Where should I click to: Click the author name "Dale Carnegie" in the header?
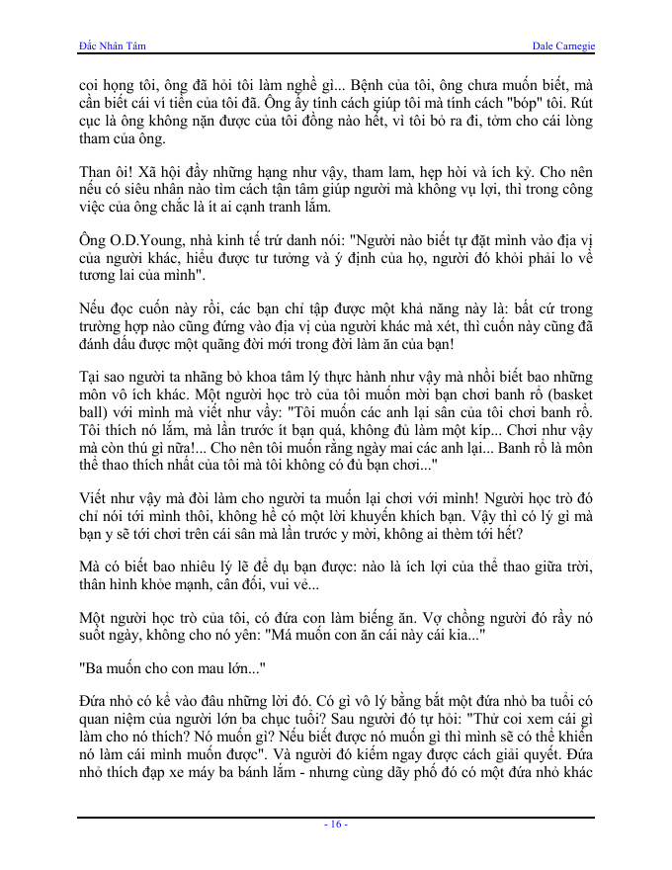[562, 46]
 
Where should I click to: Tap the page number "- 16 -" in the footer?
[336, 825]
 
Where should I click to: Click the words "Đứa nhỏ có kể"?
[128, 703]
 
